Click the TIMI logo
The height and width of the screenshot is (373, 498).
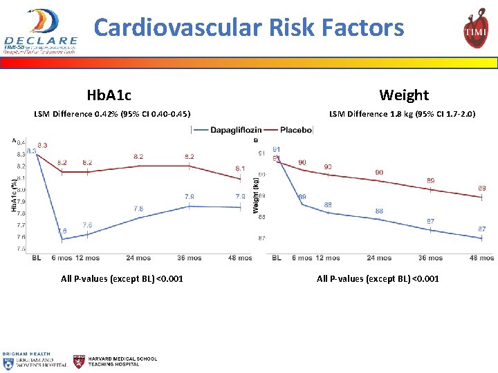point(475,30)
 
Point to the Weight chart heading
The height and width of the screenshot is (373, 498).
point(404,95)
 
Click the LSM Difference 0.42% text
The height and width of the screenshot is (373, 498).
point(112,113)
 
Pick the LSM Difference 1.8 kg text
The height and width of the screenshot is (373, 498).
point(402,113)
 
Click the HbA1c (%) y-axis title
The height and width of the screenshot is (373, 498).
point(15,195)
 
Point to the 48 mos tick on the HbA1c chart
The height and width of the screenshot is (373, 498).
point(240,258)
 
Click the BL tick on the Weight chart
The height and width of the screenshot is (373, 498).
point(277,258)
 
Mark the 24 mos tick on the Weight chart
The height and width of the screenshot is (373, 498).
point(380,258)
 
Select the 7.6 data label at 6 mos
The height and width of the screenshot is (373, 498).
point(62,231)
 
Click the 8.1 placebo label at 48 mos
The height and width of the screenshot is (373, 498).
point(239,169)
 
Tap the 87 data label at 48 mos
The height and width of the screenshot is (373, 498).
point(481,229)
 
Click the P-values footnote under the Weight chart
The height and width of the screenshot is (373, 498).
point(378,279)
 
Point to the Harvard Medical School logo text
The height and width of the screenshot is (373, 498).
point(122,361)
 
